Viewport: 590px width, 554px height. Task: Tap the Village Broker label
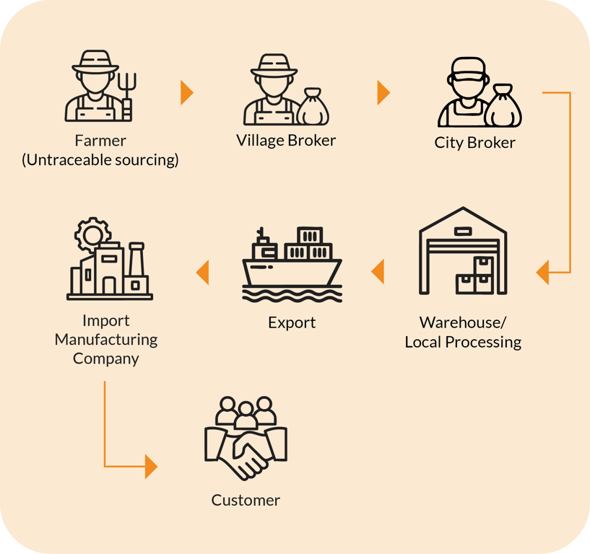[x=286, y=140]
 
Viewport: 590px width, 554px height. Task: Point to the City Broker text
[x=474, y=142]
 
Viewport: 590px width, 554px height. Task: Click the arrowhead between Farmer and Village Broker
[x=186, y=92]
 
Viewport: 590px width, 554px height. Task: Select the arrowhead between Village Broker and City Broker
[x=383, y=92]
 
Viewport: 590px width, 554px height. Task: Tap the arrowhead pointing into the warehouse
[x=543, y=273]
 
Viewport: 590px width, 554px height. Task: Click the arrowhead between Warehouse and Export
[x=378, y=272]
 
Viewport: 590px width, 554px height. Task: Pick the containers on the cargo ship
[x=308, y=245]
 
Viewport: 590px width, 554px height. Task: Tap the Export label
[x=292, y=322]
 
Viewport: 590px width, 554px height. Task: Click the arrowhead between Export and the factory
[x=203, y=272]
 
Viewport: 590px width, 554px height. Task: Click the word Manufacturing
[x=106, y=339]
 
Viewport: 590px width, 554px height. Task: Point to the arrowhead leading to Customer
[x=150, y=466]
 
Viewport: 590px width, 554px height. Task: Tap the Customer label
[x=246, y=500]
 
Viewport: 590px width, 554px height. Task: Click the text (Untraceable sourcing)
[x=100, y=159]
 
